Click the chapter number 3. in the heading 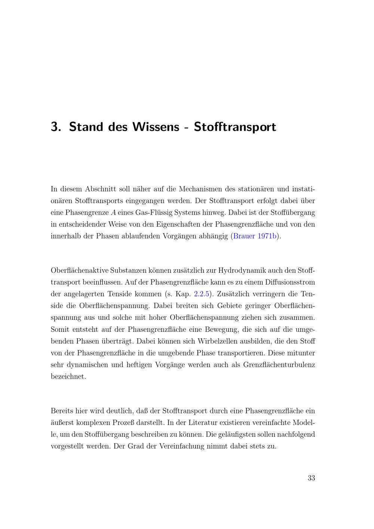point(56,127)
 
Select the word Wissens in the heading point(155,127)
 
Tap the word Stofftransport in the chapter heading point(235,127)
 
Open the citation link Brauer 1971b point(255,236)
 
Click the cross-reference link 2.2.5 point(202,294)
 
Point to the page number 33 point(311,478)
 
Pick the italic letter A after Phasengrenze point(113,212)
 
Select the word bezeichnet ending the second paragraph point(68,377)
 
